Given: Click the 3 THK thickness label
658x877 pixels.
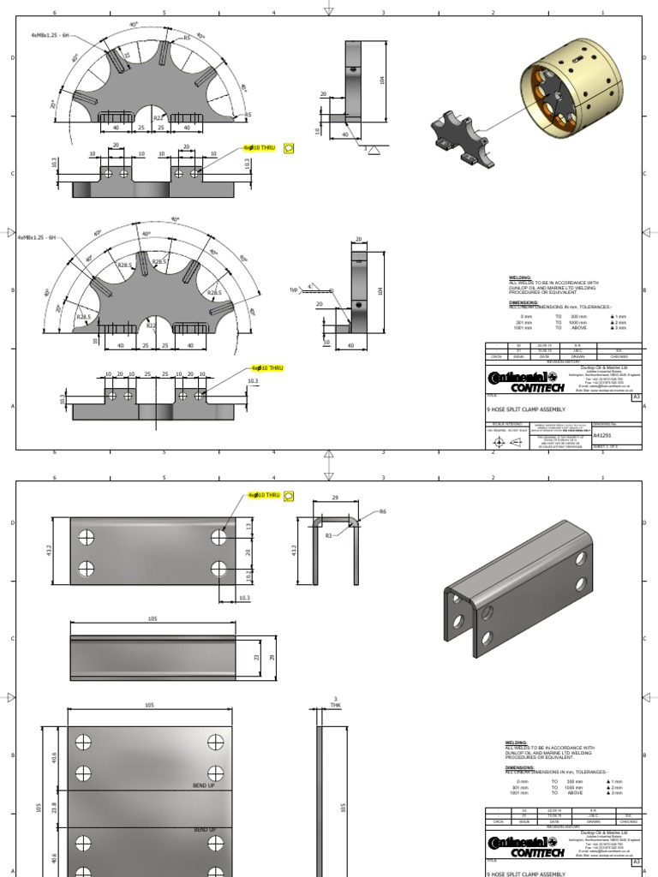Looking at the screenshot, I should click(336, 701).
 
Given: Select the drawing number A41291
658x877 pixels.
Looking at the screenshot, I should click(604, 435).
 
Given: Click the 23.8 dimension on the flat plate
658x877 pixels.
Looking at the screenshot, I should click(54, 808).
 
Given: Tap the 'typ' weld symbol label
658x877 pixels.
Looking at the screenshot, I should click(294, 289).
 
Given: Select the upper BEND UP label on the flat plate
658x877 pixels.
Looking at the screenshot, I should click(204, 785).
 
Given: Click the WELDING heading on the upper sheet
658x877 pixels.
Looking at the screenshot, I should click(519, 278).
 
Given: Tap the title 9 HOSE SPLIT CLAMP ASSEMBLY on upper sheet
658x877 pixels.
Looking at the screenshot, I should click(525, 409).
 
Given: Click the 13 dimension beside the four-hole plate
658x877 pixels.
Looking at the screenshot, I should click(249, 528).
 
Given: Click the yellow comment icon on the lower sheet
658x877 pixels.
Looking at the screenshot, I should click(288, 495).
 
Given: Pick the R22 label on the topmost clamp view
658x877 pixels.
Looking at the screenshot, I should click(158, 118).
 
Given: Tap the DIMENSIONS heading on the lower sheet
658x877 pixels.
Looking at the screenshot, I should click(521, 768).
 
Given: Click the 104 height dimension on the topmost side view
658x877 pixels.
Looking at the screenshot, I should click(382, 80).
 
